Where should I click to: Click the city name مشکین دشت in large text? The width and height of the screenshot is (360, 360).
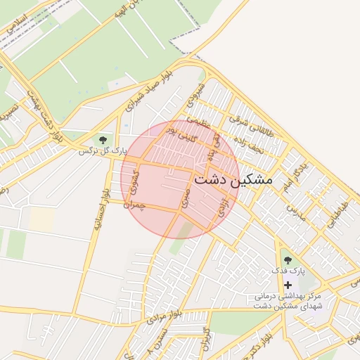click(x=232, y=179)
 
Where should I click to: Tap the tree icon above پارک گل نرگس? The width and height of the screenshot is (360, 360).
click(x=104, y=140)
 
